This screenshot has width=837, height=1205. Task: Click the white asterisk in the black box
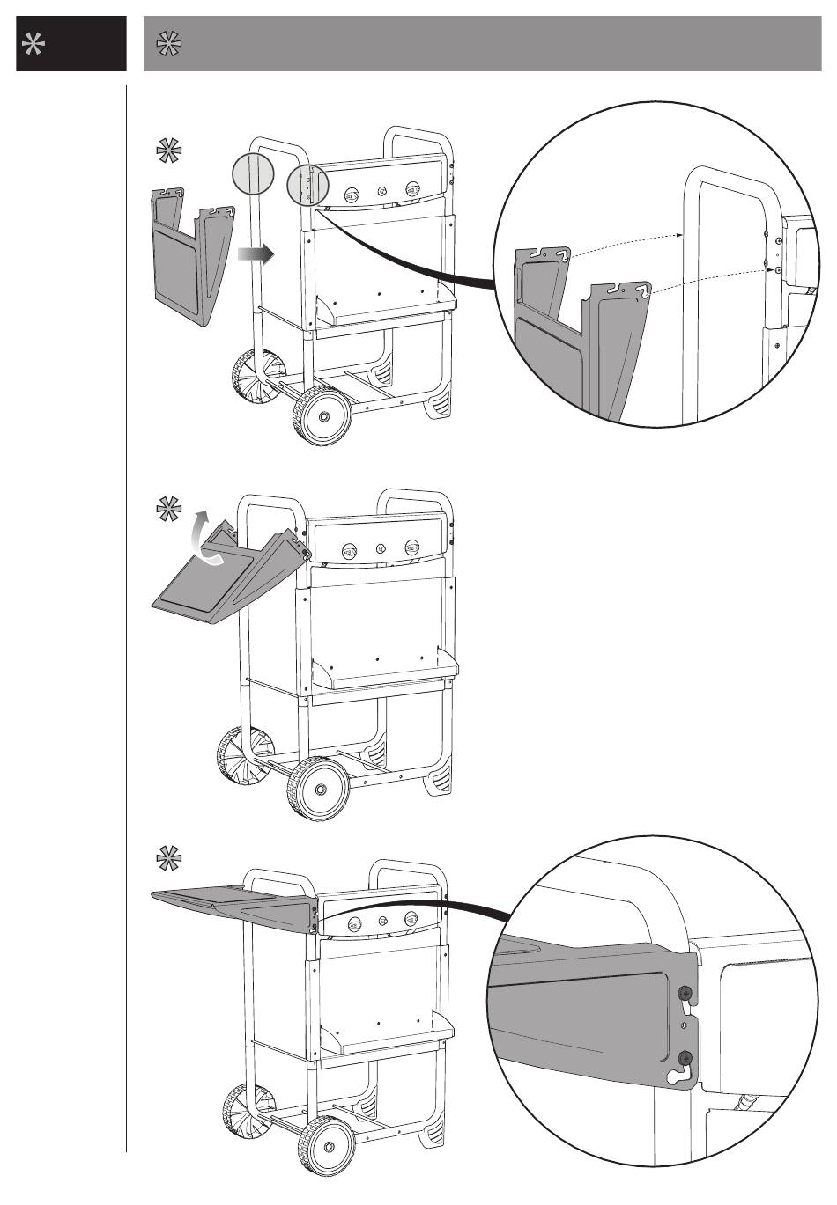click(x=34, y=47)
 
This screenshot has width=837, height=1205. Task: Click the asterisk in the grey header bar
click(x=167, y=44)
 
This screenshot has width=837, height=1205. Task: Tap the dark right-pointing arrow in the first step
click(x=256, y=253)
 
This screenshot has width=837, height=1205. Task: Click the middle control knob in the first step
click(x=381, y=191)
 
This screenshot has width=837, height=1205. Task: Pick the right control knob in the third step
click(x=411, y=921)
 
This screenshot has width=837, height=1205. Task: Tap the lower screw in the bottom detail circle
click(x=686, y=1056)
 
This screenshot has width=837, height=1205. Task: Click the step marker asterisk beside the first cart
click(x=167, y=151)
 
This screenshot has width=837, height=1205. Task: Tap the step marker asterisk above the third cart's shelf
click(x=167, y=856)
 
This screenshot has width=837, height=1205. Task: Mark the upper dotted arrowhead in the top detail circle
click(x=682, y=236)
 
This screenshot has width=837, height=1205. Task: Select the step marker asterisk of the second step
click(x=167, y=510)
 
